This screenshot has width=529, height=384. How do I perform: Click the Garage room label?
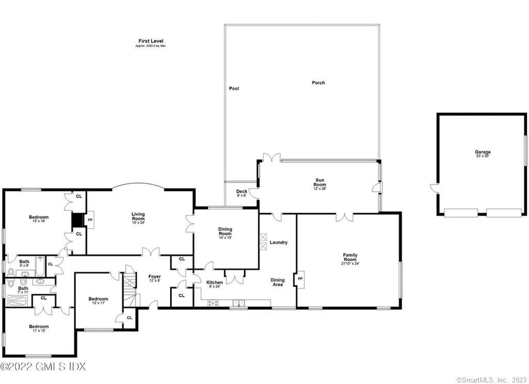click(483, 153)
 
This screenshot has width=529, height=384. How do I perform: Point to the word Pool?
click(234, 89)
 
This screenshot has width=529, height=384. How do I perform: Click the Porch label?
click(318, 83)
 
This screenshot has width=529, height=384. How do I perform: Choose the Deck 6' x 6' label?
click(242, 193)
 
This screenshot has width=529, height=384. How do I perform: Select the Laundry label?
click(278, 243)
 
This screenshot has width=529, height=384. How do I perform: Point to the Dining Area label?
click(277, 282)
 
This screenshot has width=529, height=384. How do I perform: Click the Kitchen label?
click(215, 284)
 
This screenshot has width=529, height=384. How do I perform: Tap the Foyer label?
click(154, 278)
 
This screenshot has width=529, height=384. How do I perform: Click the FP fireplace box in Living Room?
click(90, 219)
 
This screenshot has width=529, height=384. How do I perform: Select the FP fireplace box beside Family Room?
click(300, 279)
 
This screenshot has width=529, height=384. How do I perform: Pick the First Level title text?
click(150, 42)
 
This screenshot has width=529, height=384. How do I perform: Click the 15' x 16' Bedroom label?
click(39, 219)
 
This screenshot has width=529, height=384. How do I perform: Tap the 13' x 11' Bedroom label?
click(98, 300)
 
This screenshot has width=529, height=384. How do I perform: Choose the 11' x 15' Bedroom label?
click(39, 328)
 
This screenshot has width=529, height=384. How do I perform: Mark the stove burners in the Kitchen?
click(212, 303)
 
